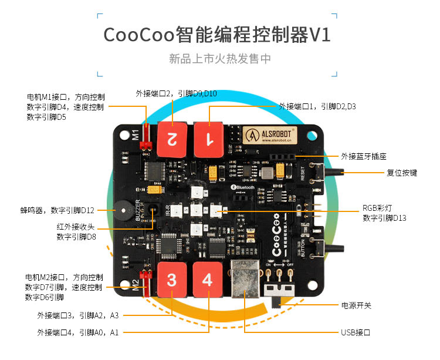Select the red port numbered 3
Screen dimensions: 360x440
[x=171, y=279]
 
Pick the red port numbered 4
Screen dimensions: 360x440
[x=207, y=278]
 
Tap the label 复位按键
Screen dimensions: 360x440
[x=402, y=173]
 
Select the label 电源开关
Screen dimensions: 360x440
[x=356, y=305]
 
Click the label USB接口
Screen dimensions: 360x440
[x=356, y=332]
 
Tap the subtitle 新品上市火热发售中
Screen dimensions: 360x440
[x=219, y=59]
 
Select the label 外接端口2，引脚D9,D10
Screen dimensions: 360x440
[x=176, y=93]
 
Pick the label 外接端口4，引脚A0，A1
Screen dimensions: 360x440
[x=77, y=332]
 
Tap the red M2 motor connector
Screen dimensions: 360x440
[x=143, y=277]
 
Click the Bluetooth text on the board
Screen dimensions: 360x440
[x=244, y=187]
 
